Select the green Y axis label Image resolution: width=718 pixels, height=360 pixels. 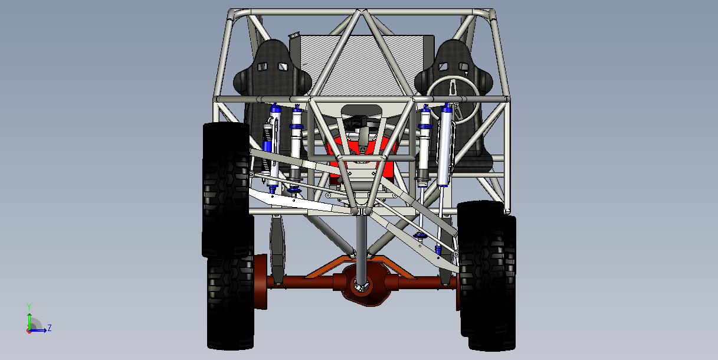(29, 307)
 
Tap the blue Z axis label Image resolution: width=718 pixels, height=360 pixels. (50, 328)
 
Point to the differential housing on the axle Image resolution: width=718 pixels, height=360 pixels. (362, 285)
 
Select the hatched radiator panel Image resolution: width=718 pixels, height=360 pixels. (362, 64)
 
